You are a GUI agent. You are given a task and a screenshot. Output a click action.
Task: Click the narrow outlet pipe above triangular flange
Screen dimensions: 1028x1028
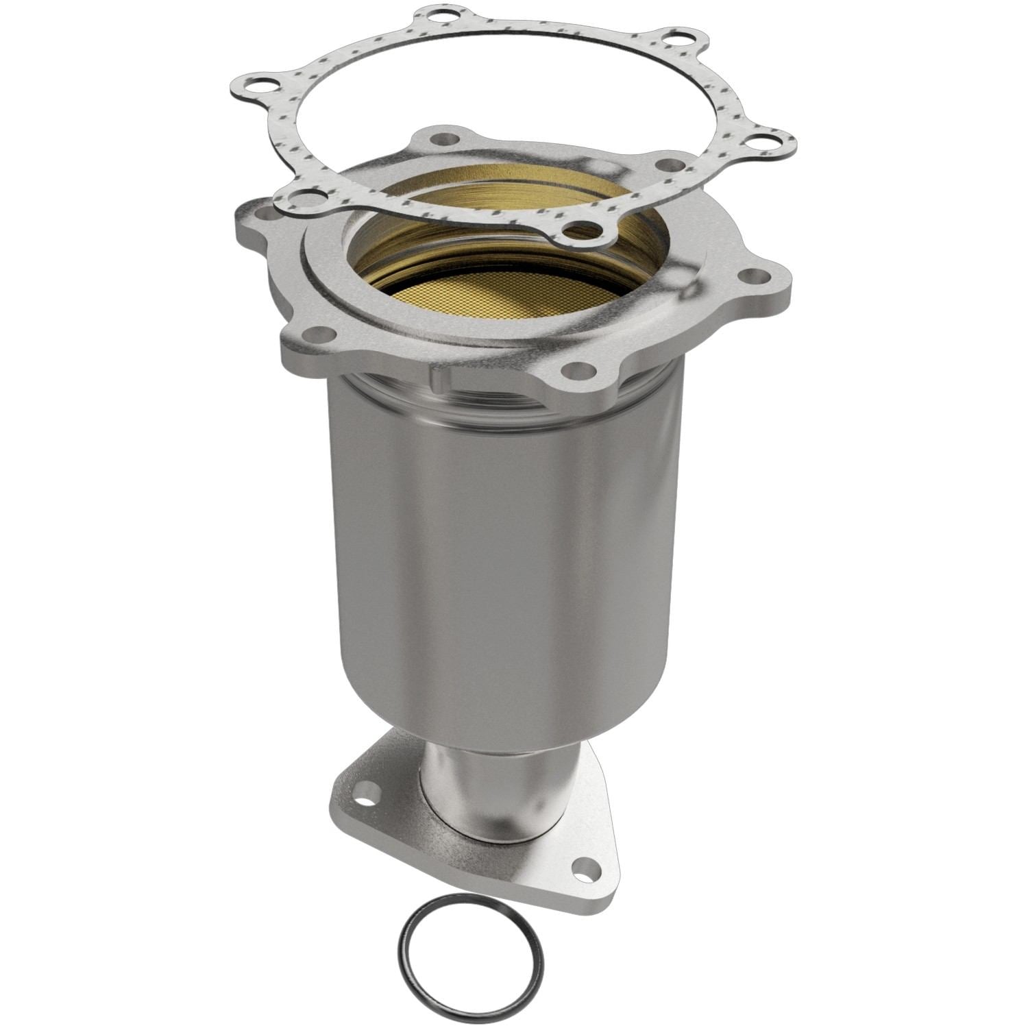pyautogui.click(x=480, y=788)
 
